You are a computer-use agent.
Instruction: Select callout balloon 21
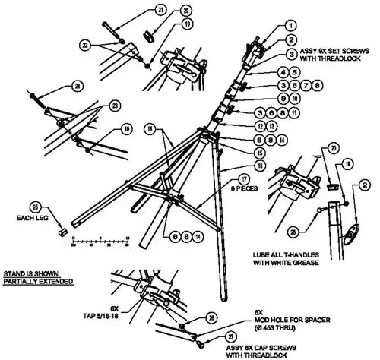161,10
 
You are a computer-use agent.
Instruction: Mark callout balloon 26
211,318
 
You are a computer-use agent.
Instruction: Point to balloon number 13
260,125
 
